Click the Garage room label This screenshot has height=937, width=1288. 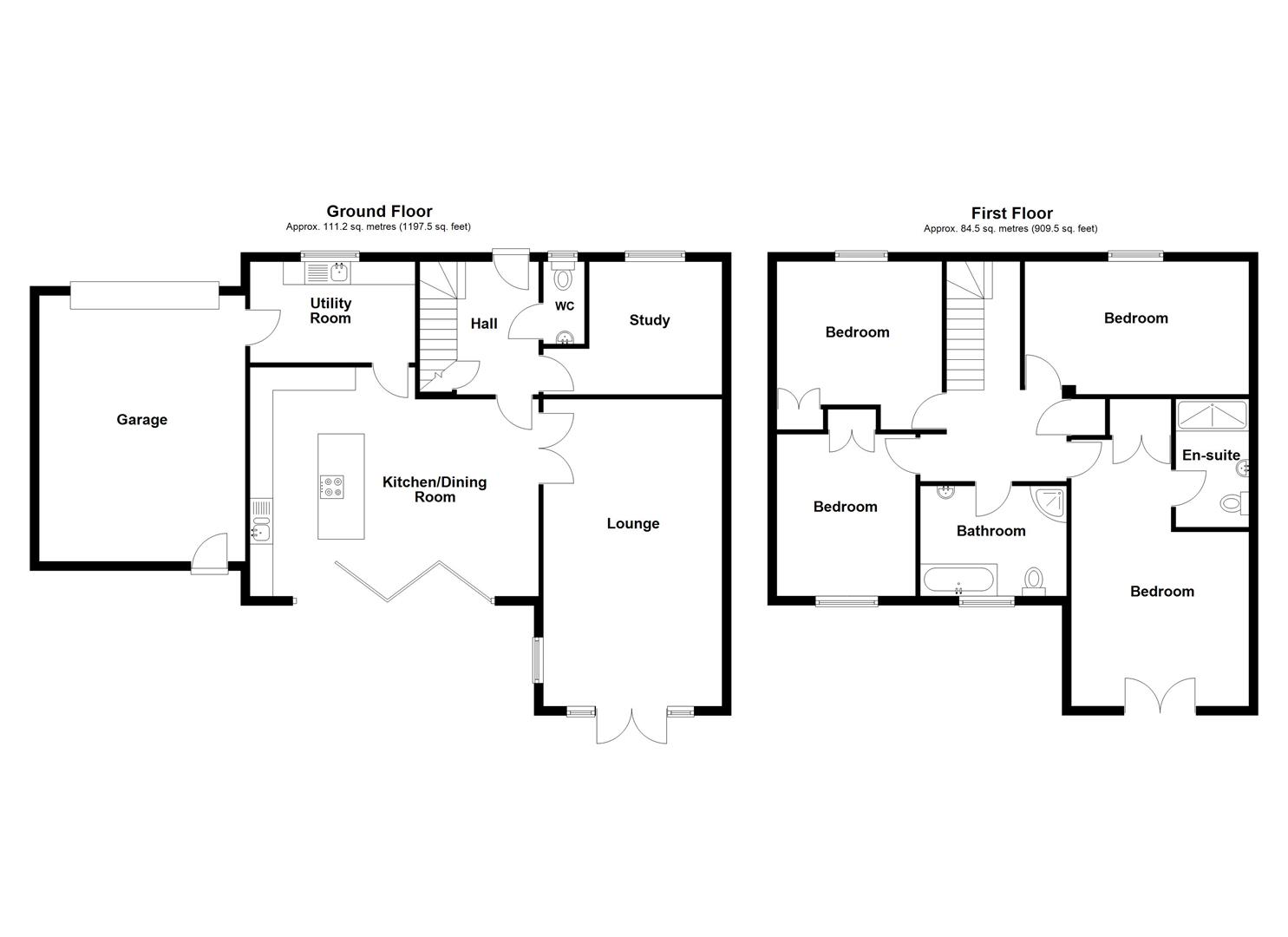point(141,420)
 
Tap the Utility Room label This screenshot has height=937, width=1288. point(330,311)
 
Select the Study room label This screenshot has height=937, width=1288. point(649,320)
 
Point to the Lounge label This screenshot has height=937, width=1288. point(632,523)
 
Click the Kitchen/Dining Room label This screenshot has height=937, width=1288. point(435,489)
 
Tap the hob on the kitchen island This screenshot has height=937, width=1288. point(331,487)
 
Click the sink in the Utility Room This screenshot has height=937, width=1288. point(337,272)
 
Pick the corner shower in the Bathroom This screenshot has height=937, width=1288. point(1050,502)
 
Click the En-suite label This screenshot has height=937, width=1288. point(1211,455)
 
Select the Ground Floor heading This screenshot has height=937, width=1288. point(379,211)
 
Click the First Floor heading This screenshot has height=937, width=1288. point(1011,213)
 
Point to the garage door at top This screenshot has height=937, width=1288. point(144,295)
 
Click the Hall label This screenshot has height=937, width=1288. point(483,324)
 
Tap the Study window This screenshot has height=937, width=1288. point(654,255)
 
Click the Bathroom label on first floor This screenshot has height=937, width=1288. point(991,531)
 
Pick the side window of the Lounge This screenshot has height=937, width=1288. point(538,659)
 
